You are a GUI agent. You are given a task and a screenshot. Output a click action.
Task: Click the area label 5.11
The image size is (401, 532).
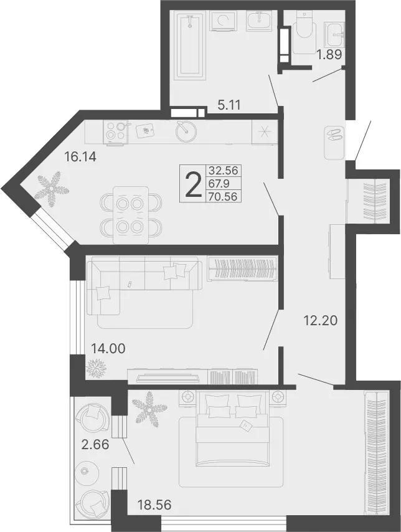pos(229,105)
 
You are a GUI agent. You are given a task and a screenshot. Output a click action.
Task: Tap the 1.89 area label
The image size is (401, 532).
pos(329,55)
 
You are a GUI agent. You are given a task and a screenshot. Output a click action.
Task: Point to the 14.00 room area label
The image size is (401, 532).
pos(108,348)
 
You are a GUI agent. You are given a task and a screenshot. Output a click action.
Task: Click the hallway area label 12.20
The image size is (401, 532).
pos(320,320)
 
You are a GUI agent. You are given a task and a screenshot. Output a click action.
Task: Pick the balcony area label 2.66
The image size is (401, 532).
pos(95,444)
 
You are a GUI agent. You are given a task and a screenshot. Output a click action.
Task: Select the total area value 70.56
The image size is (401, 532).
pos(223,196)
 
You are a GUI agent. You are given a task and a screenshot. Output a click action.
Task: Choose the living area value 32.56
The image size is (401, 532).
pos(223,169)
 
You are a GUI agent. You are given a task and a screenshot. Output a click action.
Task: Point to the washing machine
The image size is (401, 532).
pos(224,21)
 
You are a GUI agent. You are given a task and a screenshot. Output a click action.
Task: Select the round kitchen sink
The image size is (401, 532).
pos(186,131)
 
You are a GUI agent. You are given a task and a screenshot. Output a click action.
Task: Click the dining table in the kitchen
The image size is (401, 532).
pos(131,215)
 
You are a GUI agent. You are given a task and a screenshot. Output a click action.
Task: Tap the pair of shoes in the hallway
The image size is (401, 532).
pos(334,135)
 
